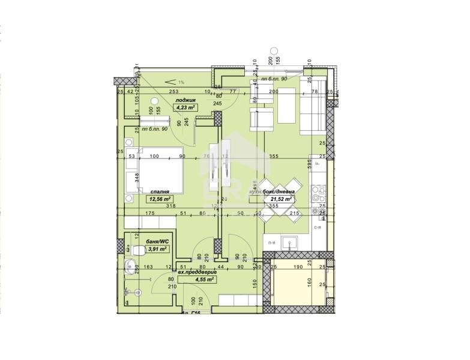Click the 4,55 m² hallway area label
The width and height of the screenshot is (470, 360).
(205, 279)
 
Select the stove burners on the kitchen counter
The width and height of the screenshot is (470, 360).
(319, 194)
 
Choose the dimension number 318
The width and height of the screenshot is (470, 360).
(171, 206)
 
